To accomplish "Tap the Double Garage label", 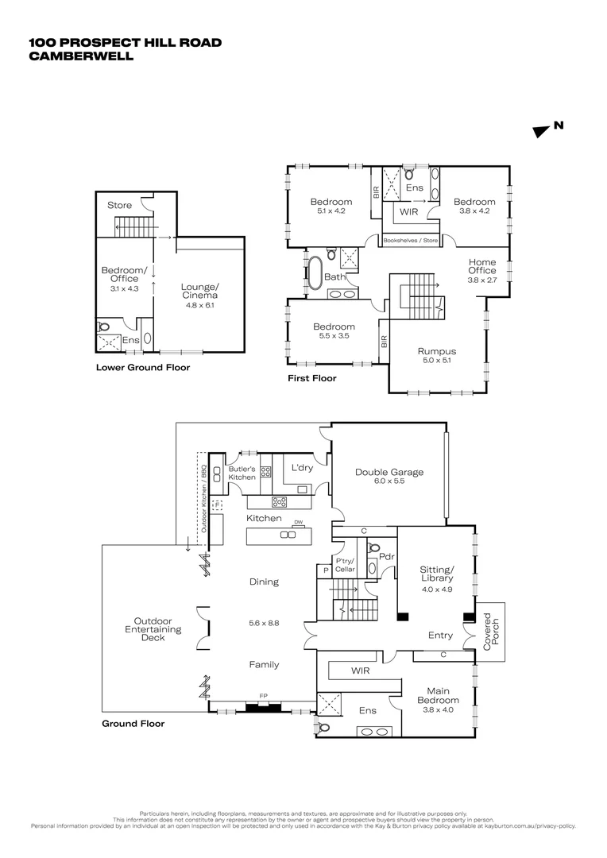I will tap(389, 472).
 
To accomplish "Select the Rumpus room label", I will tap(437, 351).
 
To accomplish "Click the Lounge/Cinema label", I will tap(199, 290).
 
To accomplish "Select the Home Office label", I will tap(481, 266).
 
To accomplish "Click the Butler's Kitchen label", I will tap(242, 473).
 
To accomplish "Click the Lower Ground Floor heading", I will tap(143, 368).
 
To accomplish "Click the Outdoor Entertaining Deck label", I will tap(157, 629).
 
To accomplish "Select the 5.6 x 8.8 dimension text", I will tap(264, 623).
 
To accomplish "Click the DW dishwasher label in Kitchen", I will tap(299, 522).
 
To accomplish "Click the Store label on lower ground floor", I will tap(120, 205).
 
